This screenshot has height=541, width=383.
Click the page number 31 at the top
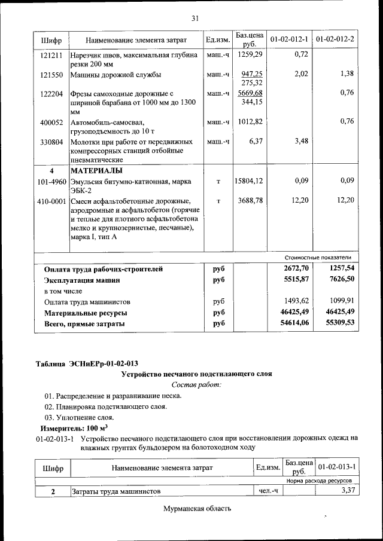194,19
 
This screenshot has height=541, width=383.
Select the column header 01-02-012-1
289,39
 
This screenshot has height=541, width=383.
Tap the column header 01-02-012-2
335,39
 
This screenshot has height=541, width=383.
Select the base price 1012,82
250,122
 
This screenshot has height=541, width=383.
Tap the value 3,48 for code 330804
301,142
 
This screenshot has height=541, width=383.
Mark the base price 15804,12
248,181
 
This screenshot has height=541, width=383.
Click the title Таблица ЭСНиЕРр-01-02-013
87,363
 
